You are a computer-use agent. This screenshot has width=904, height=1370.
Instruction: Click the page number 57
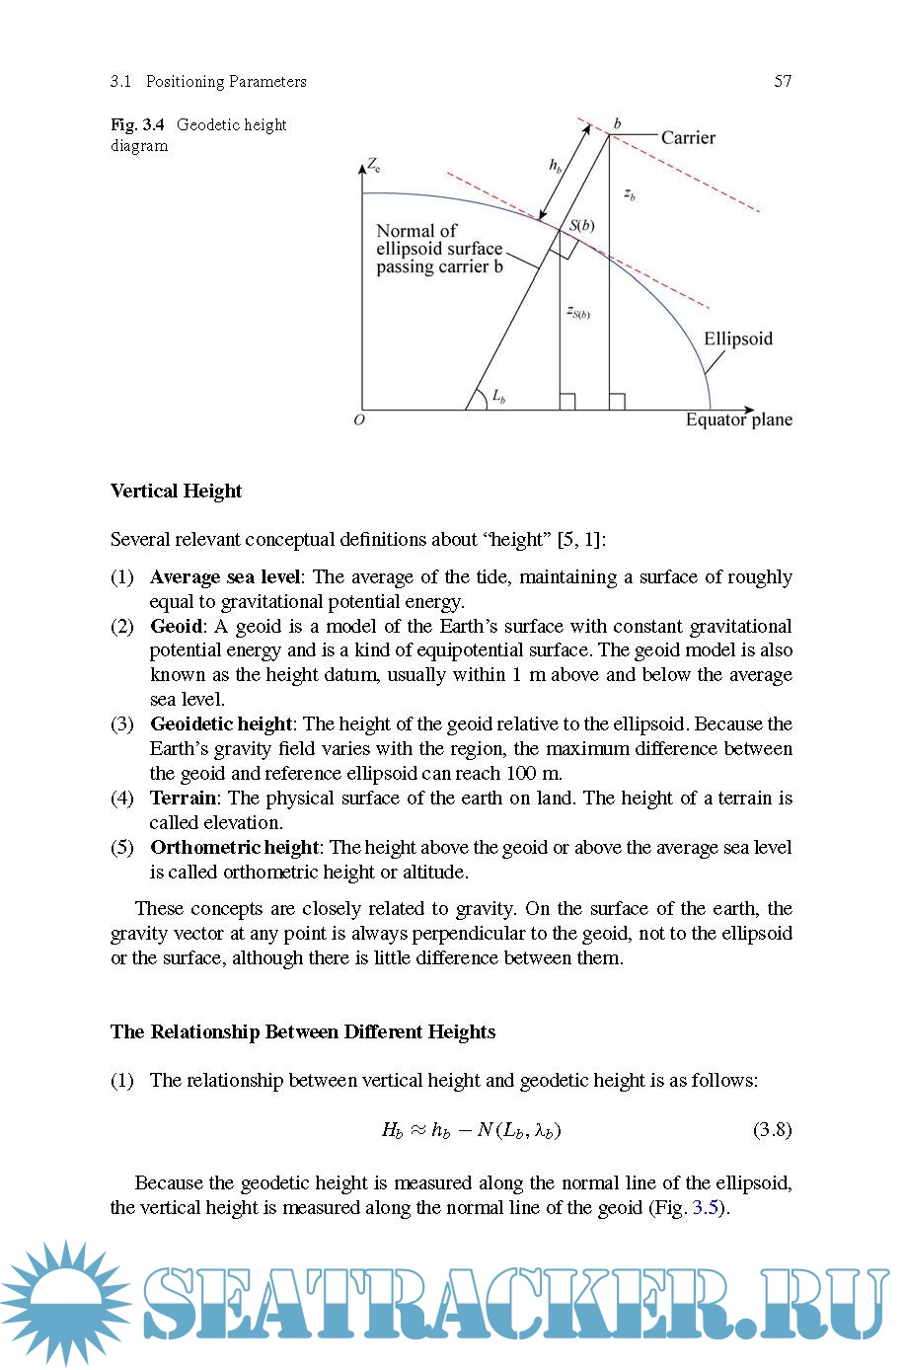click(783, 81)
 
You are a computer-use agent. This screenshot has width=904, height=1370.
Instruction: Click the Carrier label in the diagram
click(688, 138)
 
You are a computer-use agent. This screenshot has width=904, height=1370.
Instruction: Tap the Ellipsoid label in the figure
click(737, 339)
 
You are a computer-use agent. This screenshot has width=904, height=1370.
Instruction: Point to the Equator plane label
click(738, 419)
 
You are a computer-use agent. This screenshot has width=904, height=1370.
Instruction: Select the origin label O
click(359, 419)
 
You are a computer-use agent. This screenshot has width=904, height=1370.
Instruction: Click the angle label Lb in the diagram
click(498, 397)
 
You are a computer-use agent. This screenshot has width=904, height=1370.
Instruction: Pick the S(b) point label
click(582, 225)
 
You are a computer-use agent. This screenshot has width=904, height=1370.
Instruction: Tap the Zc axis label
click(374, 164)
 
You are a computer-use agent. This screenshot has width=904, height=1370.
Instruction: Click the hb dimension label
click(556, 166)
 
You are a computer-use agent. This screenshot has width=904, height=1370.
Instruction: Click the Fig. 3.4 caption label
click(137, 125)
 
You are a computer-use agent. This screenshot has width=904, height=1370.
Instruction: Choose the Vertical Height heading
click(176, 491)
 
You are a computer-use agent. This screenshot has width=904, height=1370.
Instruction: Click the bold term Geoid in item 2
click(176, 626)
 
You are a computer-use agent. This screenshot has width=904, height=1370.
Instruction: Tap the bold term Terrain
click(183, 798)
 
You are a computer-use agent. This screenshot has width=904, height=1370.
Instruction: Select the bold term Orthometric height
click(234, 847)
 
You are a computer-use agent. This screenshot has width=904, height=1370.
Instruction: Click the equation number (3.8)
click(772, 1129)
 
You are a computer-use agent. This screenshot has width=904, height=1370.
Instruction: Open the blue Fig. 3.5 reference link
click(706, 1207)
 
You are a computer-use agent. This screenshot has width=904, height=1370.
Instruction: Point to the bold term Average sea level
click(224, 576)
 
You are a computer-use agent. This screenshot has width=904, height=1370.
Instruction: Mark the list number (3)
click(122, 723)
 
